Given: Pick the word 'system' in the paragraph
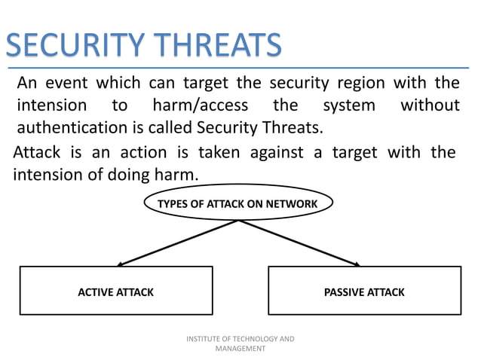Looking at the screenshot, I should click(348, 105).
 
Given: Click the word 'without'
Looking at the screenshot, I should click(429, 105).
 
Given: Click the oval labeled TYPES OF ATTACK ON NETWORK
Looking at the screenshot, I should click(237, 204).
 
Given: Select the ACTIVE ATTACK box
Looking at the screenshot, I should click(116, 291).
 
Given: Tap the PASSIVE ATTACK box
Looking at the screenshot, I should click(364, 291).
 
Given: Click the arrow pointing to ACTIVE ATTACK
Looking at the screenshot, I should click(177, 243).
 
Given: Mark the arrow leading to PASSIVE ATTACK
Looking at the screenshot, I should click(300, 243).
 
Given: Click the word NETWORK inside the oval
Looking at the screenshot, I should click(294, 204).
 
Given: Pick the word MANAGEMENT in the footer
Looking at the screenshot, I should click(240, 349).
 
